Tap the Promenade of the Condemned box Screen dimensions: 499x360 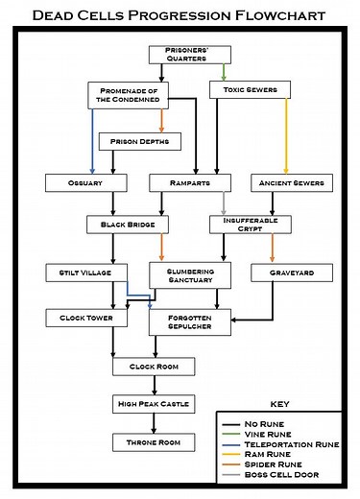(129, 94)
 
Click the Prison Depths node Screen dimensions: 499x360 (139, 141)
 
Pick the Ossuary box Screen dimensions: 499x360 (80, 181)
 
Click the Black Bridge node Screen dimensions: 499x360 (127, 225)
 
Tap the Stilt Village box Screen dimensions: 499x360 (80, 273)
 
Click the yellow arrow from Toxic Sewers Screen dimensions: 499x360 (286, 134)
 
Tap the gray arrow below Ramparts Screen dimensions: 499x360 (224, 202)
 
